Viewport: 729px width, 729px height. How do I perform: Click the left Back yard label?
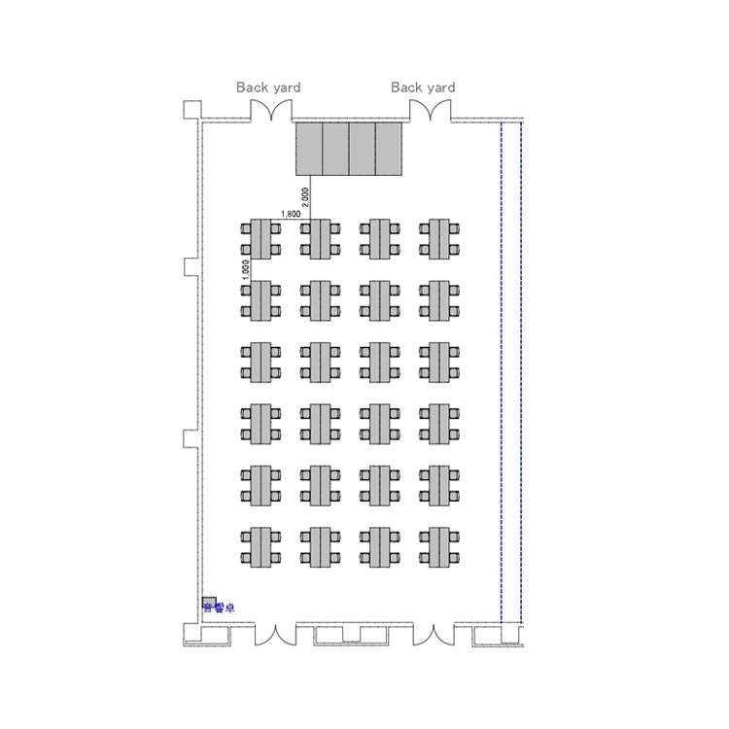click(268, 87)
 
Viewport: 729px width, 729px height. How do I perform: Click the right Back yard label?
click(423, 87)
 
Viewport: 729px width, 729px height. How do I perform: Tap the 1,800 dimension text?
click(290, 214)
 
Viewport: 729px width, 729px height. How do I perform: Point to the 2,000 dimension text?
click(305, 197)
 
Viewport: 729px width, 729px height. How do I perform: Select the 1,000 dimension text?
click(246, 268)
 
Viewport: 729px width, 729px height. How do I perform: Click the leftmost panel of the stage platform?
click(309, 150)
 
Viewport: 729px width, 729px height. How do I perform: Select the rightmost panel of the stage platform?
click(390, 150)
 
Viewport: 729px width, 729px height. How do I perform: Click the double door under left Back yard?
click(268, 112)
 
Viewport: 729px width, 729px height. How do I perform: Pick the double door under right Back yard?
click(424, 112)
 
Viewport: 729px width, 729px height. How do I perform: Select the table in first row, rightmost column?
click(438, 239)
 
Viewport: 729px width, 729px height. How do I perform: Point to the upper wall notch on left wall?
click(191, 265)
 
